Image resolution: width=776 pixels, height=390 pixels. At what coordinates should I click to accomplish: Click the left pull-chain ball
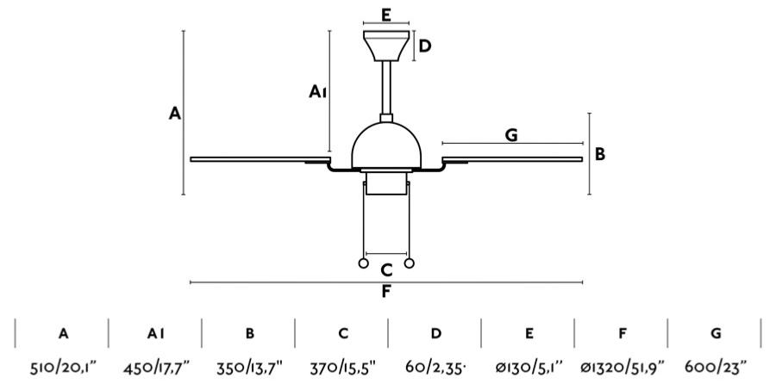(x=363, y=263)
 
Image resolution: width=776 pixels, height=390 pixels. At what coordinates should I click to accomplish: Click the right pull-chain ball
(x=409, y=263)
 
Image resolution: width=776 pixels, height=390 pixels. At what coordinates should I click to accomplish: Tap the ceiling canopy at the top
(x=386, y=46)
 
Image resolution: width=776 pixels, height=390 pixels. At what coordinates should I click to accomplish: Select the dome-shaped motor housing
(x=386, y=145)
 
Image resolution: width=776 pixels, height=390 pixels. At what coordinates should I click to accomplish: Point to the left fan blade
(x=260, y=159)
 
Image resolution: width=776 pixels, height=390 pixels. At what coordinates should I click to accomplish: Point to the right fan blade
(x=512, y=159)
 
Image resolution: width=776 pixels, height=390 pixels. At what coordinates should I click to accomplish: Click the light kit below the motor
(x=386, y=182)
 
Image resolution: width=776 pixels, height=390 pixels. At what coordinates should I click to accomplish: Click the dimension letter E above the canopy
(x=386, y=15)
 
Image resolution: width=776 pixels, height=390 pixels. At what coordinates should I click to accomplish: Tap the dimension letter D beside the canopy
(x=425, y=46)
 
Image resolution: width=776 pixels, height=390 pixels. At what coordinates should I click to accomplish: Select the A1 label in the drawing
(x=317, y=91)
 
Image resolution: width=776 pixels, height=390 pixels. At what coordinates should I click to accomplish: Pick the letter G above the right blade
(x=511, y=134)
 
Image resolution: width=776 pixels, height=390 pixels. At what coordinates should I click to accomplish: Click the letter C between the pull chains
(x=386, y=270)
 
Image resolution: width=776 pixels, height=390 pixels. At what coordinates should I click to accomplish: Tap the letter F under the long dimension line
(x=386, y=292)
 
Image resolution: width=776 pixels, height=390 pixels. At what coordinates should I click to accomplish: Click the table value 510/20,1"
(x=63, y=368)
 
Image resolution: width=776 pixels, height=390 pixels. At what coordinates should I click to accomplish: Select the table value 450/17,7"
(x=156, y=368)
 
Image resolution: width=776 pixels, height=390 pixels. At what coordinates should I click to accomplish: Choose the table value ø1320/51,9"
(x=622, y=368)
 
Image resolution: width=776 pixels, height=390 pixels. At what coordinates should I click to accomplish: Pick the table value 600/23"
(x=716, y=368)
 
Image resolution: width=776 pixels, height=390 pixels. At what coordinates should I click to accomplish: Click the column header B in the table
(x=250, y=334)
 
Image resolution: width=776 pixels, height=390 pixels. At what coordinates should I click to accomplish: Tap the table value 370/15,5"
(x=343, y=368)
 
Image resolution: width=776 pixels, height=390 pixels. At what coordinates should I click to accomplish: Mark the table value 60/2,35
(x=435, y=368)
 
